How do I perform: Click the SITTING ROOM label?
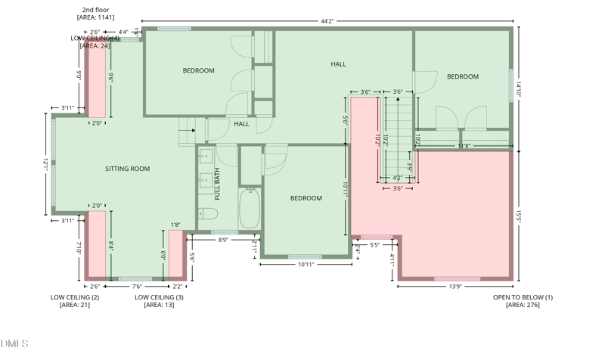point(127,169)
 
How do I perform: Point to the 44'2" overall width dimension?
point(327,21)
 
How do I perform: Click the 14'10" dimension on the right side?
point(518,89)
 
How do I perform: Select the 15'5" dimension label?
point(518,216)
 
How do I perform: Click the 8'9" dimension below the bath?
point(225,240)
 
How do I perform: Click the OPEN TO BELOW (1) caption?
point(523,297)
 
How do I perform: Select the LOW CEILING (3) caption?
point(159,297)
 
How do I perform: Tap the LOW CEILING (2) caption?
point(75,297)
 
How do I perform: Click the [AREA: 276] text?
point(523,305)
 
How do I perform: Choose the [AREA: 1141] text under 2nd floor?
point(95,17)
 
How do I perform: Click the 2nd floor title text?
point(95,10)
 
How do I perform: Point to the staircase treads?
point(397,136)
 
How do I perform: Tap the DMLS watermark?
point(14,343)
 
